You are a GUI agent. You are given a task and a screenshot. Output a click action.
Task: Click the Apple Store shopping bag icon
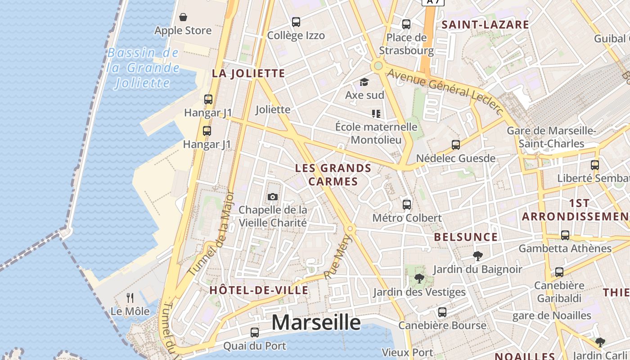point(183,18)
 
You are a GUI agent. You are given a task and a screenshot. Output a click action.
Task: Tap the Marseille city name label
point(316,322)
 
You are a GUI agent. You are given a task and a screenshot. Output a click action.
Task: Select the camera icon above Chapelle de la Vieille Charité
point(272,197)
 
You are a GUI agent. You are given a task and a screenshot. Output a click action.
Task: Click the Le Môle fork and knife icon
point(130,298)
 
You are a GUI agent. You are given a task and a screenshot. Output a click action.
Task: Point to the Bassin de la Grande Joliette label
point(144,67)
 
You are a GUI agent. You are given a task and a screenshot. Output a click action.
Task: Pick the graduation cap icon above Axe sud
point(364,82)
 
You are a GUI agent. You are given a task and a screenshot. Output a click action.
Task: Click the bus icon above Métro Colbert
point(407,204)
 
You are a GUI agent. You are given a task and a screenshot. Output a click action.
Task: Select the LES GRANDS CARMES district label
point(333,175)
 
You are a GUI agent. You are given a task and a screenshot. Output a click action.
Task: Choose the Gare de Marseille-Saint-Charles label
point(551,137)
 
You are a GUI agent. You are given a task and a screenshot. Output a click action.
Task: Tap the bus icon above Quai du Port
point(255,333)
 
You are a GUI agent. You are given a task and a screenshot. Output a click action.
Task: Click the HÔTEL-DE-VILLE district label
point(259,290)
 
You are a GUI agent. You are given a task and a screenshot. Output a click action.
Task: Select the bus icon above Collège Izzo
point(296,22)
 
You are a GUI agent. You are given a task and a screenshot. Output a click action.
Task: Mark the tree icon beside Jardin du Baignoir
point(478,256)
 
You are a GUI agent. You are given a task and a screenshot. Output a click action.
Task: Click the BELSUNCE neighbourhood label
point(466,237)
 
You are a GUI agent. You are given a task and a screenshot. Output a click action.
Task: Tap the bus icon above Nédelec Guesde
point(456,145)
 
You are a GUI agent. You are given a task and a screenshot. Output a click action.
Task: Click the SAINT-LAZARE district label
point(485,25)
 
